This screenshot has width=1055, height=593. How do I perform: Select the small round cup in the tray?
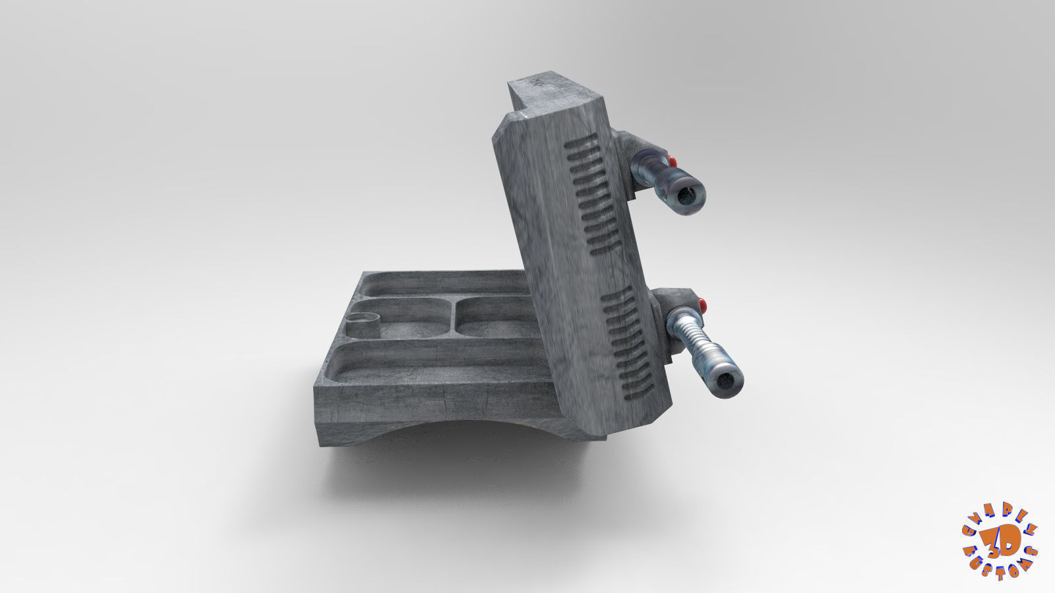click(361, 323)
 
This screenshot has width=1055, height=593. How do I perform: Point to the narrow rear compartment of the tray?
click(442, 283)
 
